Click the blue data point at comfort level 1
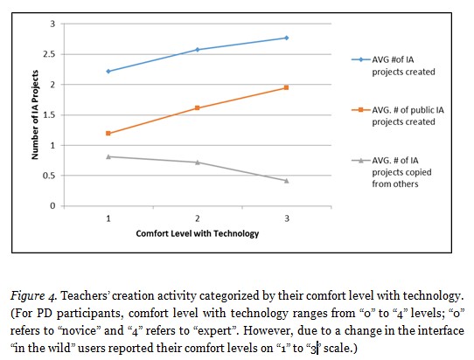(108, 71)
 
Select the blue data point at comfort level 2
(198, 50)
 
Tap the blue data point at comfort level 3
(286, 38)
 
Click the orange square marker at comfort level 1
(108, 133)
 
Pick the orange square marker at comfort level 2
(198, 107)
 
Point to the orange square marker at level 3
(286, 87)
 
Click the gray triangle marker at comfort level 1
(108, 156)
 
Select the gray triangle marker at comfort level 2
(198, 162)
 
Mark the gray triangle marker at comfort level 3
(286, 180)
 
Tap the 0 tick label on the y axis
(57, 206)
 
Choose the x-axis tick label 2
(198, 218)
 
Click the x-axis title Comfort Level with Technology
(197, 235)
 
